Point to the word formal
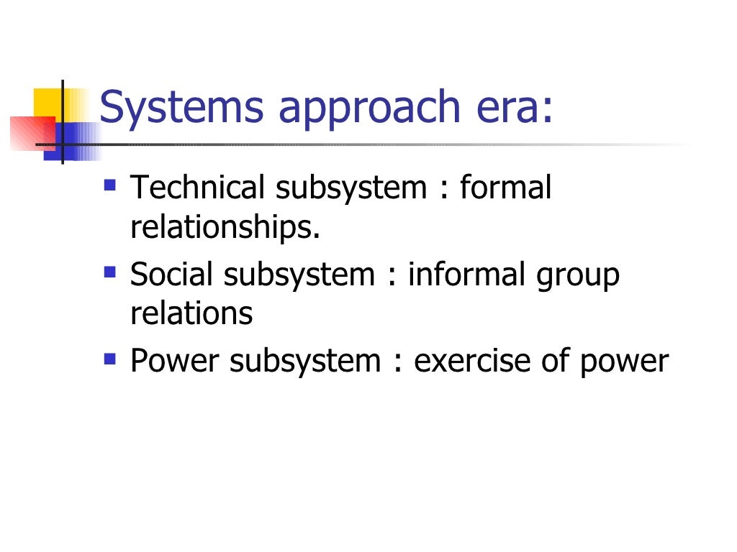click(505, 188)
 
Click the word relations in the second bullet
click(191, 314)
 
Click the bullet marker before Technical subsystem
click(109, 185)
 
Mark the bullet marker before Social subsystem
click(109, 271)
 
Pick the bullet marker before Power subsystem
click(109, 357)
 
